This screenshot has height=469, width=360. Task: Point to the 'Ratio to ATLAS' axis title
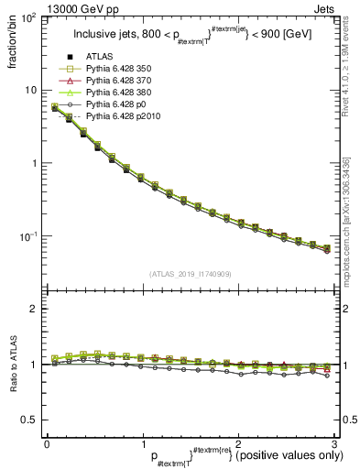click(14, 364)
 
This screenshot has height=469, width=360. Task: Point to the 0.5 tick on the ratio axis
click(30, 420)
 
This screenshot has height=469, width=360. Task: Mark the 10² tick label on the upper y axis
click(30, 19)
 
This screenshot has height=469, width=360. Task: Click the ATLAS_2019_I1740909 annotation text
click(191, 273)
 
